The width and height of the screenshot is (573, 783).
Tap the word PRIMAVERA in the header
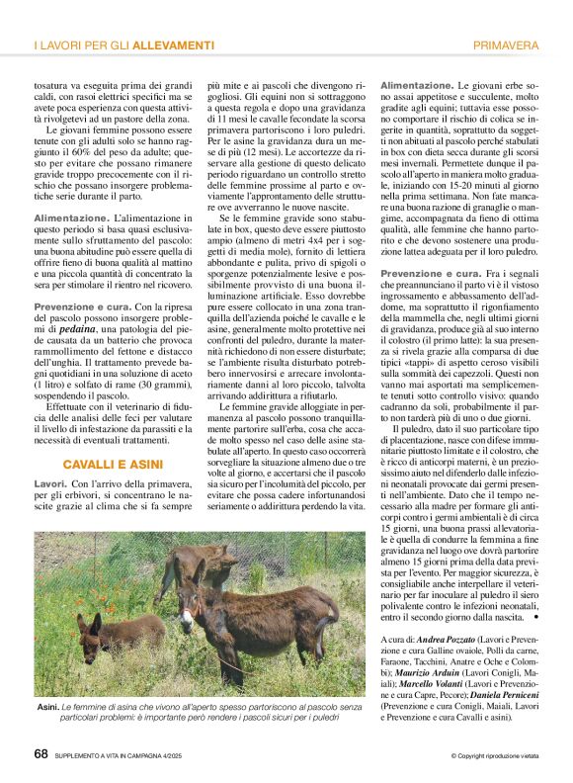tap(506, 46)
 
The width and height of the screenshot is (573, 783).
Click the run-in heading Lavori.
tap(50, 482)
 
